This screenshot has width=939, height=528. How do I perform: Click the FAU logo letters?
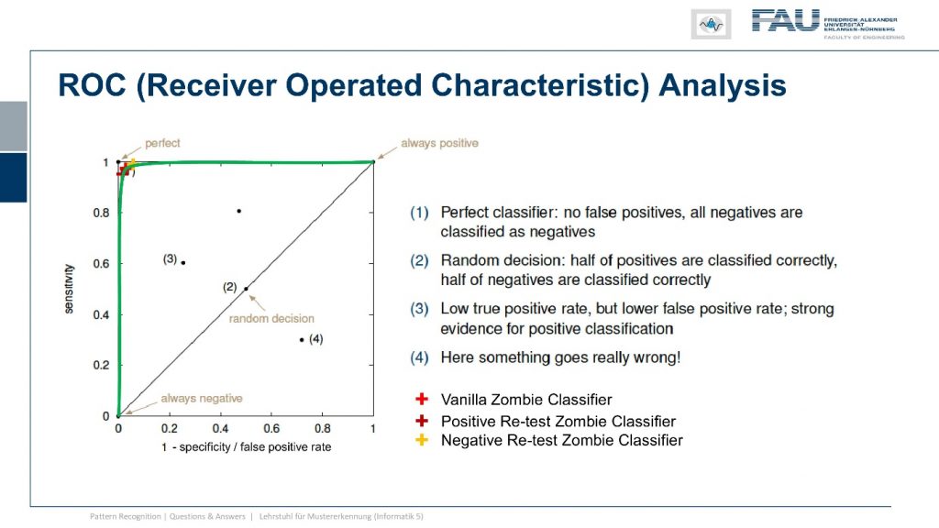point(785,20)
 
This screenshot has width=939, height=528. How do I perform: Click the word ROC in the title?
point(93,85)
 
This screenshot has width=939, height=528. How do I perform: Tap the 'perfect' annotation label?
point(162,143)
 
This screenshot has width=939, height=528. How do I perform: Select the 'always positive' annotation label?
point(439,143)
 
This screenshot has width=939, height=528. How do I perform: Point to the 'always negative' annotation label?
point(202,398)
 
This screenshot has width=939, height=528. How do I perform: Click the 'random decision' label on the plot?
point(271,318)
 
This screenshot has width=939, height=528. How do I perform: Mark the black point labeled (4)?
point(302,340)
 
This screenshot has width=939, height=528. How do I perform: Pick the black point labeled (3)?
point(183,263)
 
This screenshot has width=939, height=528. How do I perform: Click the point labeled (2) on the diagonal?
point(246,289)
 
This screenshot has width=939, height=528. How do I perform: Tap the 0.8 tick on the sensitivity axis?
point(101,213)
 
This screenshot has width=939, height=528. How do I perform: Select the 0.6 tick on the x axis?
point(271,428)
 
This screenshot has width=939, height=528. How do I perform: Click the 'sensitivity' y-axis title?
point(70,289)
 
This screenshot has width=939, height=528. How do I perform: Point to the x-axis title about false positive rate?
point(246,446)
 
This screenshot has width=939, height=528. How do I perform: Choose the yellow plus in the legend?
point(422,440)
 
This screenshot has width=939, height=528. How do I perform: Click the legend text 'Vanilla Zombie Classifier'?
point(526,400)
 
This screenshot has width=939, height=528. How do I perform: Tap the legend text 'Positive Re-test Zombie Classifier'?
point(558,421)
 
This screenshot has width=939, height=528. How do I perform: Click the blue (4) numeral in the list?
point(419,357)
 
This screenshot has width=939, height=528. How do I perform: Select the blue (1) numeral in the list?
point(419,213)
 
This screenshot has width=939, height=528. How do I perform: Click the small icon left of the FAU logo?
point(711,25)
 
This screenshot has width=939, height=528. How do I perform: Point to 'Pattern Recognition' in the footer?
point(125,516)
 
